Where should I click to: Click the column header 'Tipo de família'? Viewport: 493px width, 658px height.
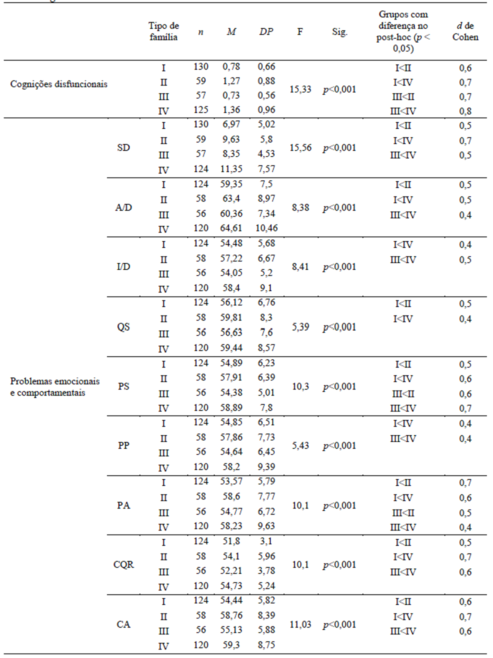coord(163,31)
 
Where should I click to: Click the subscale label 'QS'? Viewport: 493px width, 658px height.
coord(123,327)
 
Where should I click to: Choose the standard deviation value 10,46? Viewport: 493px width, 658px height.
coord(266,229)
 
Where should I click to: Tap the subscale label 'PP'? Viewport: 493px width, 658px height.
coord(123,446)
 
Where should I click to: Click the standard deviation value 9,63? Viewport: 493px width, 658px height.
coord(266,526)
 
